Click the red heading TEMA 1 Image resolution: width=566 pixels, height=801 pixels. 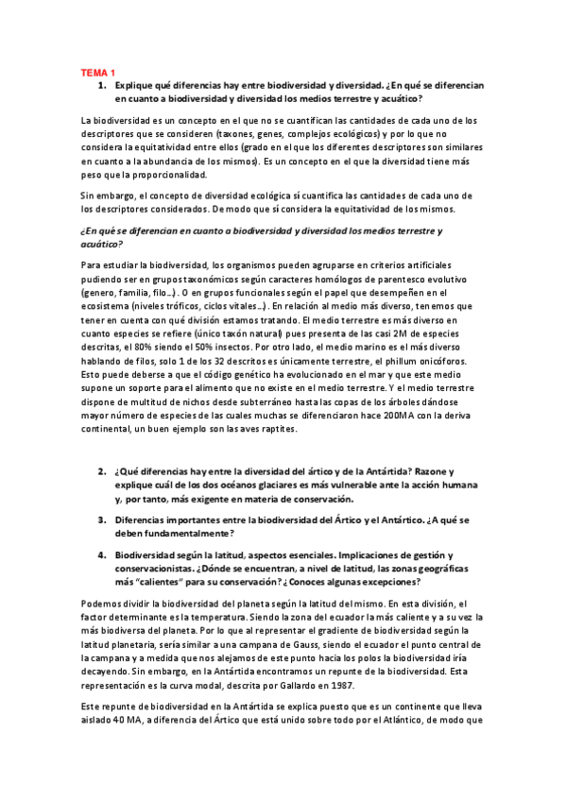tap(96, 73)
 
